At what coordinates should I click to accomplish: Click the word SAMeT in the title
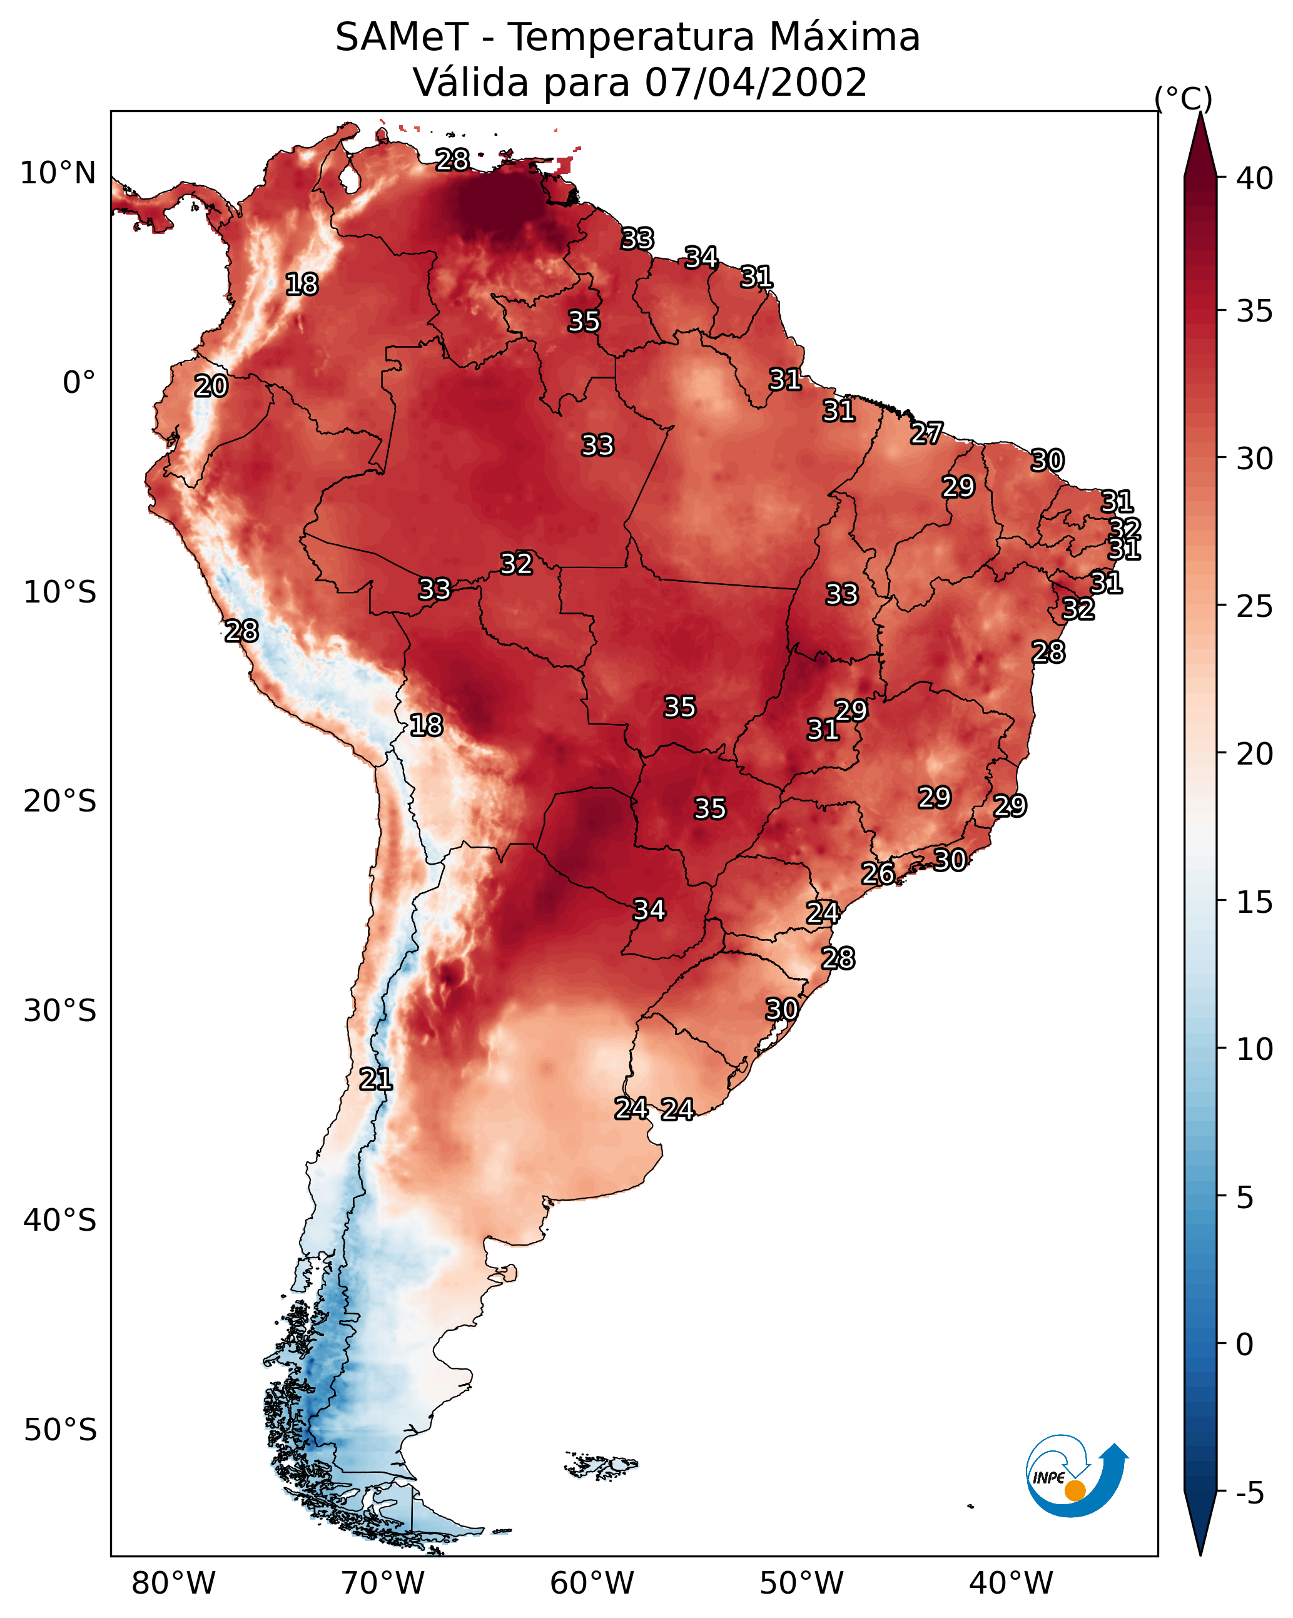[x=402, y=38]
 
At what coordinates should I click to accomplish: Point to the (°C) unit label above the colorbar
[x=1184, y=98]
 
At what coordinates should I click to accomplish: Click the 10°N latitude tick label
[x=58, y=173]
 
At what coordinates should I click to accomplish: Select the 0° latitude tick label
[x=79, y=383]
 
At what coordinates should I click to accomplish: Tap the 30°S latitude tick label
[x=59, y=1011]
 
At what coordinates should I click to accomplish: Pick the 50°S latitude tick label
[x=59, y=1430]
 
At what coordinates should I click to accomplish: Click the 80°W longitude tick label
[x=173, y=1584]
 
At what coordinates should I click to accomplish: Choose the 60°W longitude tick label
[x=592, y=1584]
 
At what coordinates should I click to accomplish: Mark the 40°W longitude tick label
[x=1011, y=1584]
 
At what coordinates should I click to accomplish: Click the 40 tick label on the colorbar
[x=1255, y=178]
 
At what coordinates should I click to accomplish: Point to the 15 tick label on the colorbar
[x=1255, y=902]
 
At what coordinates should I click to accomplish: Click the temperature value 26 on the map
[x=877, y=873]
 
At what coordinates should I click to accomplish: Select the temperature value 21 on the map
[x=375, y=1079]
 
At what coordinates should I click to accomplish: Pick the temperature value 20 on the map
[x=211, y=386]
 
